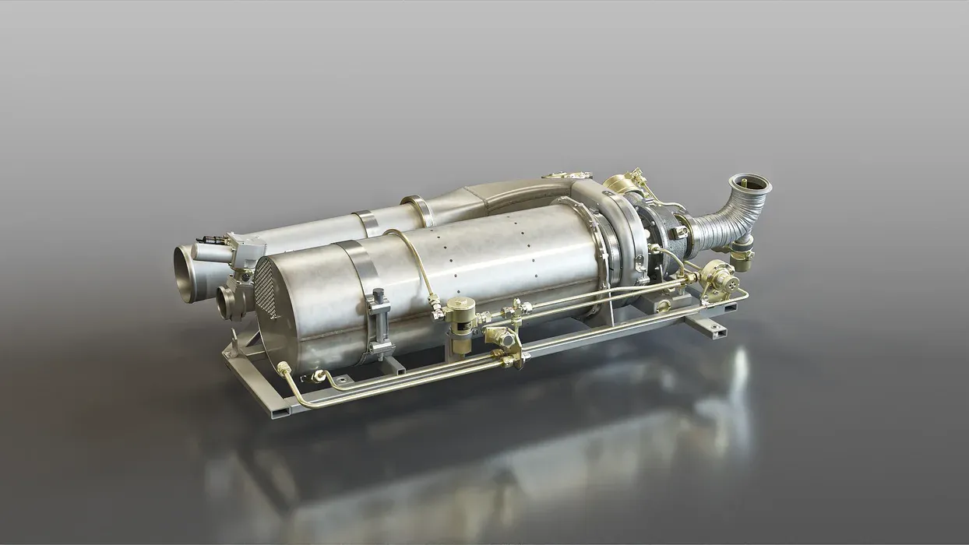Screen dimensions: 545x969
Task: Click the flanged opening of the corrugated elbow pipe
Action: [x=750, y=185]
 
